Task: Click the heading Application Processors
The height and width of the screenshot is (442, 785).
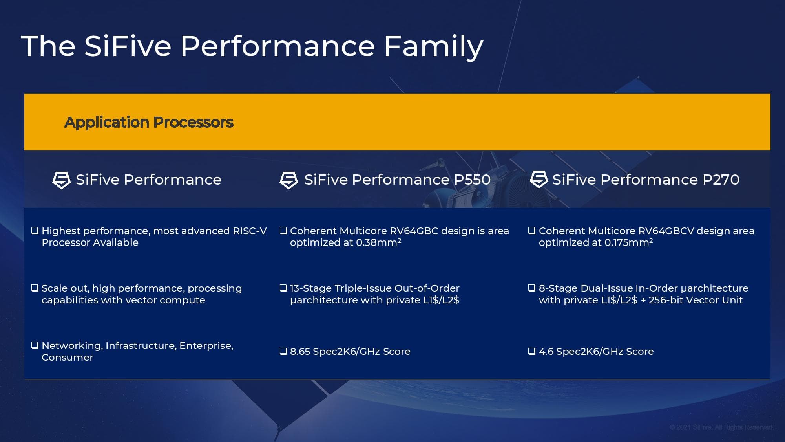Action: tap(149, 123)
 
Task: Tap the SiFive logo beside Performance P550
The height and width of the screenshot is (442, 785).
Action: tap(288, 180)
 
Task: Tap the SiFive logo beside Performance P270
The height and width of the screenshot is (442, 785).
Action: tap(539, 179)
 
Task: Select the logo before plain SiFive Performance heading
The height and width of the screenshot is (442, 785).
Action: tap(61, 180)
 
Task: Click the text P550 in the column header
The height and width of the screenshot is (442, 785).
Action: tap(472, 180)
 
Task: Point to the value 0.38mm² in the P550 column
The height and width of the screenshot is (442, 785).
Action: tap(378, 243)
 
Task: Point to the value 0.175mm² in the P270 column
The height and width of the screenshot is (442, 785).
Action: tap(628, 243)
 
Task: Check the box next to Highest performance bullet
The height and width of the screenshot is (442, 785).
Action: tap(35, 231)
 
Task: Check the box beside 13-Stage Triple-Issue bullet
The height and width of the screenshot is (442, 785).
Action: tap(283, 288)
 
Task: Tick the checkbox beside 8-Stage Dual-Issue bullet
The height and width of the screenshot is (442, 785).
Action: tap(532, 288)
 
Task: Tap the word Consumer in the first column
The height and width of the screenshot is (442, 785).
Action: tap(68, 358)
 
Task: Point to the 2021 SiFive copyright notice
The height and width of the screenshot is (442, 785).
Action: tap(721, 427)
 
